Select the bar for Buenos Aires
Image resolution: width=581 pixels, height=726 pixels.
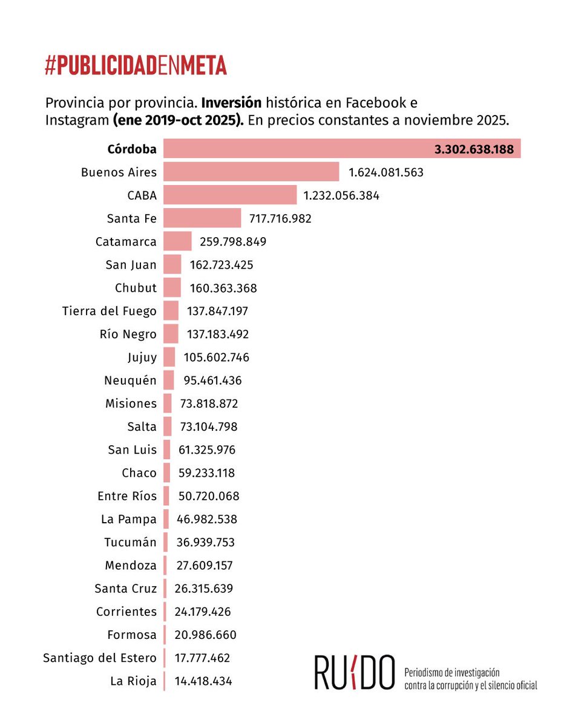tap(251, 172)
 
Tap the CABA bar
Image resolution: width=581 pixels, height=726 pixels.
tap(230, 195)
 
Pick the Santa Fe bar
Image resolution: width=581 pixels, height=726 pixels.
tap(202, 218)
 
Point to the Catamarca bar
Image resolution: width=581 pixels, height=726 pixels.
tap(177, 241)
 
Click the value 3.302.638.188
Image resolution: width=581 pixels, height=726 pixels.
tap(474, 149)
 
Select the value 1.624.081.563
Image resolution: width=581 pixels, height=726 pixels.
tap(386, 172)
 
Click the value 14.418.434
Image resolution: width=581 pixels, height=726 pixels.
tap(203, 681)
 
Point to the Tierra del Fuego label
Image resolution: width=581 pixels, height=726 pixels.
tap(109, 311)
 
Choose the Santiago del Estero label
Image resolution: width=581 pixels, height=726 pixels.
tap(100, 658)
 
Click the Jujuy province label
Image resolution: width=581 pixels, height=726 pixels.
tap(142, 358)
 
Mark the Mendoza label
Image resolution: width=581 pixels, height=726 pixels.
tap(130, 566)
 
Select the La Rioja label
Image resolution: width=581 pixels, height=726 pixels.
tap(133, 681)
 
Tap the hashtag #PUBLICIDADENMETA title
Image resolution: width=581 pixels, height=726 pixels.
tap(136, 65)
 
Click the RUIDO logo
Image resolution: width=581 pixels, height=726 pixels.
tap(355, 672)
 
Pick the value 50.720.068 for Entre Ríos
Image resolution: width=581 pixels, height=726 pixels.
tap(209, 496)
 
